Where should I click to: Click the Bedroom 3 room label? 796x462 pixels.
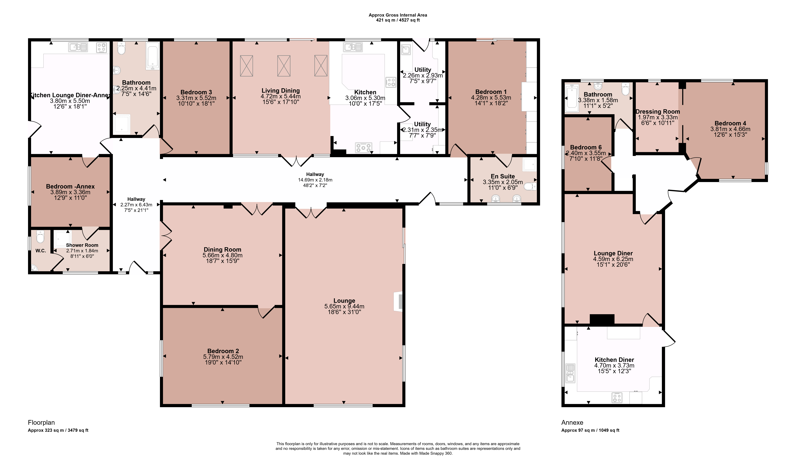[x=196, y=92]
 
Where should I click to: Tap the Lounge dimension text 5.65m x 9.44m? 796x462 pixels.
[x=344, y=306]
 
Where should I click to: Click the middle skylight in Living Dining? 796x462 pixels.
[x=284, y=66]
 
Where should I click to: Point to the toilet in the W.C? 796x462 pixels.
[x=40, y=237]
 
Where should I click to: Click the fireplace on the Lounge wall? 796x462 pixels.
[x=398, y=302]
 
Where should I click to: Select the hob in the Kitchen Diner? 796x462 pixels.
[x=617, y=397]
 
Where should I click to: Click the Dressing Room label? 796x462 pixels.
[x=658, y=111]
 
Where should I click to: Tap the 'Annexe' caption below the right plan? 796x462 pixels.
[x=572, y=422]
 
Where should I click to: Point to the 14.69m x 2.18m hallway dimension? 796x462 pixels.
[x=315, y=180]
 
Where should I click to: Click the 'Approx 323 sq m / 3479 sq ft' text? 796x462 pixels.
[x=58, y=430]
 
